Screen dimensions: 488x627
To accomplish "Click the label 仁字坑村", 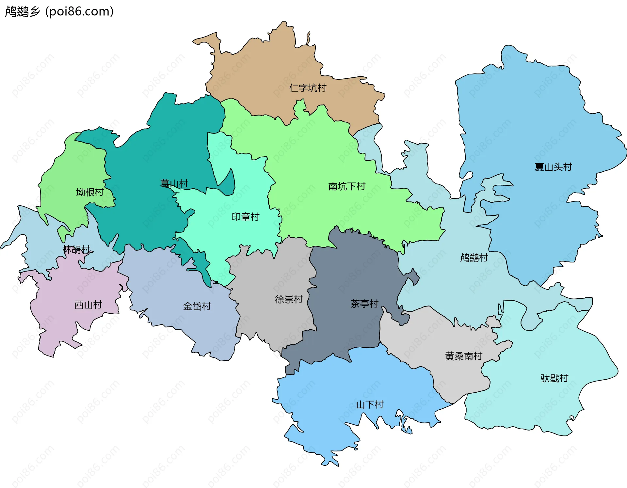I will (308, 88).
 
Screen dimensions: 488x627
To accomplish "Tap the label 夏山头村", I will (553, 167).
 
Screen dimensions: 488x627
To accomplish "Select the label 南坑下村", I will (346, 186).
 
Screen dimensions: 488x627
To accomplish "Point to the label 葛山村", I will (174, 183).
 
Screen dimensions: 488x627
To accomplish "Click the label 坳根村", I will (89, 192).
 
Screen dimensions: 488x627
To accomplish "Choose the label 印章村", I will (245, 217).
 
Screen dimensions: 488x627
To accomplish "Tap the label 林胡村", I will (76, 249).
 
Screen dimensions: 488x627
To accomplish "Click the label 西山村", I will (88, 305).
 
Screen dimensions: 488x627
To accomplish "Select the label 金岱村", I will (197, 306).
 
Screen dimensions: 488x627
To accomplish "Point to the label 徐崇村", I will (289, 299).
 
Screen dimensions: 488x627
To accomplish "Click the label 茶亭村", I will (364, 304).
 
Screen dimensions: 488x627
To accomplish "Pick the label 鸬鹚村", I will (474, 258).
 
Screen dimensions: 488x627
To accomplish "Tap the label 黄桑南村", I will (463, 356).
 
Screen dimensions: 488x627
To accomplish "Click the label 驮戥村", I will (554, 378).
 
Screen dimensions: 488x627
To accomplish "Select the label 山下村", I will (370, 405).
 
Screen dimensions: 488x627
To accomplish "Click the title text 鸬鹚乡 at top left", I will (22, 12).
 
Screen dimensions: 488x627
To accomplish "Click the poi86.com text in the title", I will (79, 12).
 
